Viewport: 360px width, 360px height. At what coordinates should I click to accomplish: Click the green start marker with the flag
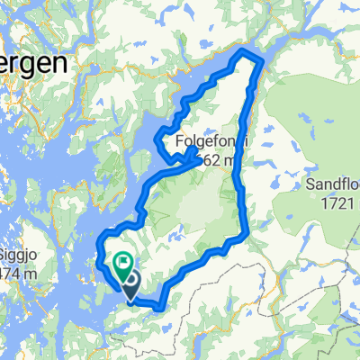pyautogui.click(x=122, y=262)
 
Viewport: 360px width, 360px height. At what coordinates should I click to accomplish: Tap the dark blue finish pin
pyautogui.click(x=130, y=287)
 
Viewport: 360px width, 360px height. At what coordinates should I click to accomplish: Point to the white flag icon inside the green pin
pyautogui.click(x=122, y=261)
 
